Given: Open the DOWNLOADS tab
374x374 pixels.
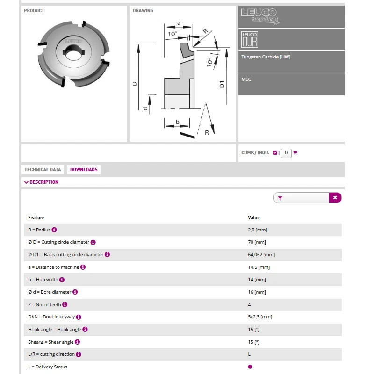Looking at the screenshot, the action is (84, 170).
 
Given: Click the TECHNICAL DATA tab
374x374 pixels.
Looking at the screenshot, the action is (43, 170).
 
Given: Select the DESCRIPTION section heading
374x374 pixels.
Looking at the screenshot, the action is (41, 182).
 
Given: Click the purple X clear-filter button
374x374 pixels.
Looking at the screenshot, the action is (335, 198).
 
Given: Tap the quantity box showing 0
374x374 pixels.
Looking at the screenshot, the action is (286, 153).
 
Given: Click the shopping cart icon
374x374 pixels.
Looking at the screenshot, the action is (295, 153).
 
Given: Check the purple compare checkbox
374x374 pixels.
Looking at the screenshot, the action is (275, 153).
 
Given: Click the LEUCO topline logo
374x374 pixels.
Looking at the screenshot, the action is (261, 16).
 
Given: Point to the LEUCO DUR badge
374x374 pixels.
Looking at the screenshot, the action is (250, 40).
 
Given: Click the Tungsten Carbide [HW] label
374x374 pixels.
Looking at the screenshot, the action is (266, 57).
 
